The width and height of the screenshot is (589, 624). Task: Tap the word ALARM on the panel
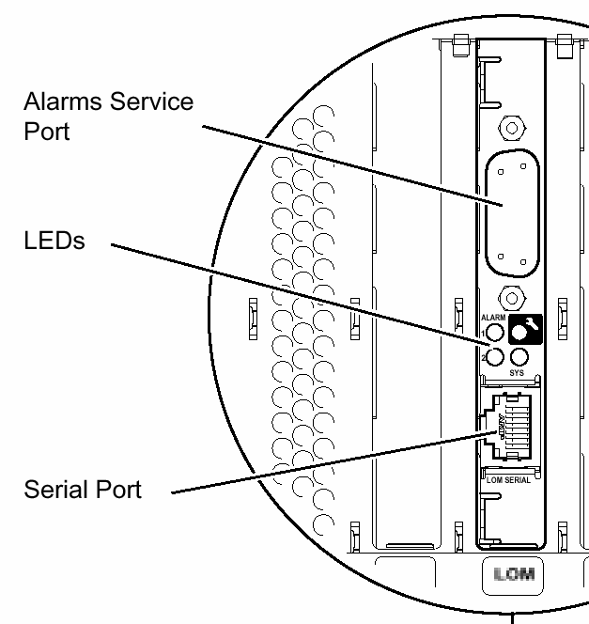493,318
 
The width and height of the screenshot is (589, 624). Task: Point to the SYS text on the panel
518,373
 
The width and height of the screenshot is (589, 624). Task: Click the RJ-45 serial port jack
512,428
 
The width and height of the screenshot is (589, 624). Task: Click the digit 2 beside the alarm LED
482,358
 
